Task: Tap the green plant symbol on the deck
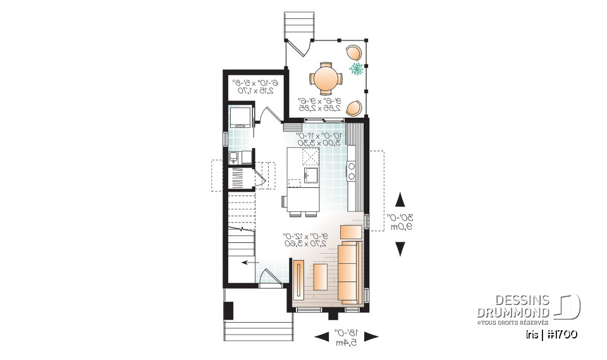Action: point(357,68)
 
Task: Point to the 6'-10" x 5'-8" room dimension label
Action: point(253,86)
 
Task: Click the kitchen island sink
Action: point(311,175)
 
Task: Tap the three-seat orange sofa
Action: point(350,270)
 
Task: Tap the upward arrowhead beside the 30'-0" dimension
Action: point(400,201)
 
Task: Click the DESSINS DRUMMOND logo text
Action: point(514,306)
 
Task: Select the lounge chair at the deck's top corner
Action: point(355,51)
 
